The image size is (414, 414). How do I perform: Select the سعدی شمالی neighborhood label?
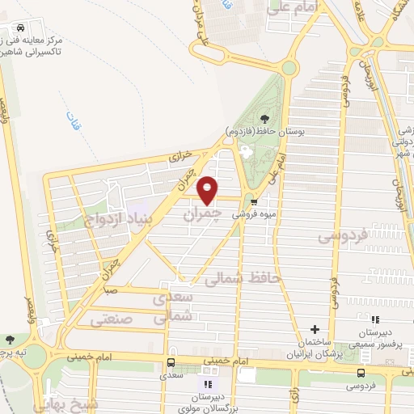[173, 306]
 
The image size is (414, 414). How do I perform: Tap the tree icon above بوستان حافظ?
[264, 118]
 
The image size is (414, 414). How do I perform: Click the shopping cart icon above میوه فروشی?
[254, 203]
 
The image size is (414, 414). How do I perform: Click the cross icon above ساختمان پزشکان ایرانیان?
[315, 329]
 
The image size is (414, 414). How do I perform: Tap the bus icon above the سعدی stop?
[171, 362]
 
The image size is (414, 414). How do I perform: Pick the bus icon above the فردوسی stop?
[361, 373]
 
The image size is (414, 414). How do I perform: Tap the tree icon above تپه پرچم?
[10, 340]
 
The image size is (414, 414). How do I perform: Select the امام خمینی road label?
[89, 354]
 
